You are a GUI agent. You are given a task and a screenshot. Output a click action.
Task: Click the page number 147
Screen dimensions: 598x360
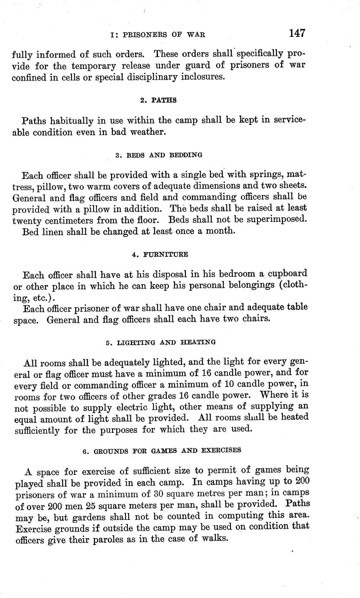pyautogui.click(x=296, y=33)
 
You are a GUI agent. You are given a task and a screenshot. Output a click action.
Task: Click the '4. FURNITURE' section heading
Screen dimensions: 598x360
pyautogui.click(x=159, y=254)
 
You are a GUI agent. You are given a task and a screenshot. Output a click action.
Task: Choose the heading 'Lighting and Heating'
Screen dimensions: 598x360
pyautogui.click(x=160, y=342)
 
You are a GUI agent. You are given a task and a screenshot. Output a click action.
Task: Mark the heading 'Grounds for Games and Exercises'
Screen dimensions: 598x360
pyautogui.click(x=161, y=450)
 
